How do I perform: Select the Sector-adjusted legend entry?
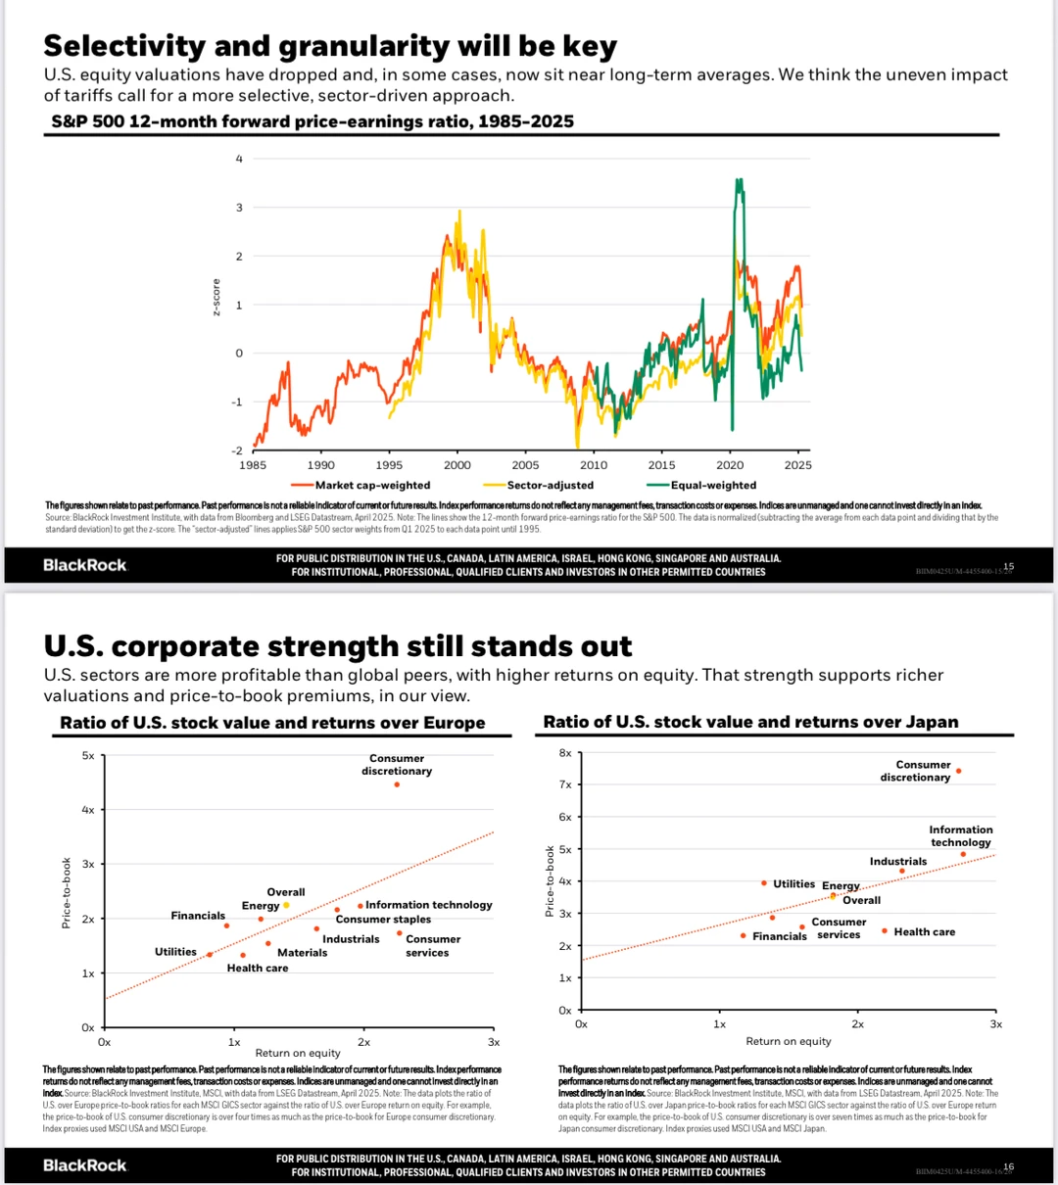pyautogui.click(x=550, y=485)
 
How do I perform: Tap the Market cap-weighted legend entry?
pyautogui.click(x=372, y=485)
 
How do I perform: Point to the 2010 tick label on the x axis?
pyautogui.click(x=594, y=465)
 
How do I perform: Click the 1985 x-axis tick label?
pyautogui.click(x=253, y=465)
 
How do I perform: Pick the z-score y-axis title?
pyautogui.click(x=216, y=297)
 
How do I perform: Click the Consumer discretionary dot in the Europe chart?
pyautogui.click(x=397, y=784)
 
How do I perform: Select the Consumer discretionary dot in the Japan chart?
pyautogui.click(x=958, y=771)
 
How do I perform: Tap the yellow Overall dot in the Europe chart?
pyautogui.click(x=286, y=905)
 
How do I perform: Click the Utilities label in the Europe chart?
pyautogui.click(x=175, y=952)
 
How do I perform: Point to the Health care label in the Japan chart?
pyautogui.click(x=924, y=932)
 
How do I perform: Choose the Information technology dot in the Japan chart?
pyautogui.click(x=963, y=854)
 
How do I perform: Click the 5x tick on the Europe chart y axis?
pyautogui.click(x=88, y=756)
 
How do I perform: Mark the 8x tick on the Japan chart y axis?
pyautogui.click(x=565, y=753)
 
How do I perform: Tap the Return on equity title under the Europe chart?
pyautogui.click(x=298, y=1053)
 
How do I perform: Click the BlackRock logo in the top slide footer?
pyautogui.click(x=85, y=565)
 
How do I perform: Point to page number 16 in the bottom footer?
pyautogui.click(x=1009, y=1166)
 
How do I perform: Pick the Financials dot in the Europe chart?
pyautogui.click(x=226, y=925)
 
